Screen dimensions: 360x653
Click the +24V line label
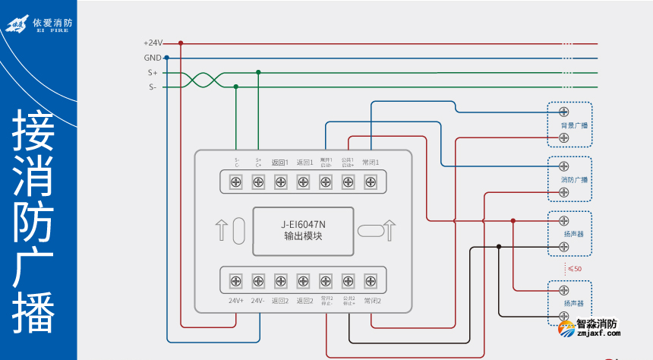[153, 43]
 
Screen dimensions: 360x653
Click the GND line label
[152, 58]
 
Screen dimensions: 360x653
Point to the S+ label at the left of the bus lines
[153, 73]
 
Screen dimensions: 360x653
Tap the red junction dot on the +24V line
[181, 43]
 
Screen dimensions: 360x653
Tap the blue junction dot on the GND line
[166, 58]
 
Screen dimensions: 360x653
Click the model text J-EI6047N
[303, 224]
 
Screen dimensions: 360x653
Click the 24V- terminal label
[258, 301]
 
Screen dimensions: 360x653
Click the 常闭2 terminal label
[371, 301]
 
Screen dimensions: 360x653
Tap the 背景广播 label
[569, 125]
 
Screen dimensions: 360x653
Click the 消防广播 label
[569, 180]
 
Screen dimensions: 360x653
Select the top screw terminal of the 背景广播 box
[564, 112]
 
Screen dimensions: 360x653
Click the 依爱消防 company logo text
[52, 23]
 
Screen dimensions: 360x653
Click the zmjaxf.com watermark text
[599, 332]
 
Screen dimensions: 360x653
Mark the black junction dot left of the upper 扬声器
[499, 246]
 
